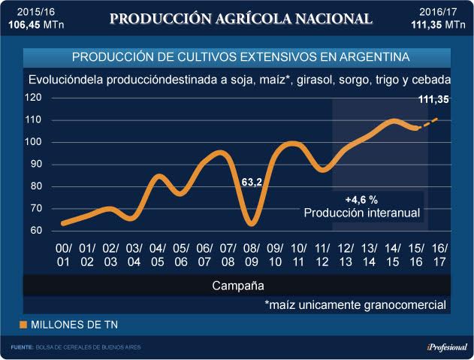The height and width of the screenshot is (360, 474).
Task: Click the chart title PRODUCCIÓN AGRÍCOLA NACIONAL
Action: pos(240,18)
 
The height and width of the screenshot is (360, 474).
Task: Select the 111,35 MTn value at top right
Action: pos(439,24)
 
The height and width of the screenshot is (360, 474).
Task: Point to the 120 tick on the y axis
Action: pos(33,98)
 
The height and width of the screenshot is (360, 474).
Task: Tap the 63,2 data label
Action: pos(251,182)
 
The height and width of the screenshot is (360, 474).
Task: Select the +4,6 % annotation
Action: pos(361,201)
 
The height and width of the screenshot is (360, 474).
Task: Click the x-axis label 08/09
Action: pos(252,255)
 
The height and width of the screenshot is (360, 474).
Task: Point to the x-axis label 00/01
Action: pos(65,255)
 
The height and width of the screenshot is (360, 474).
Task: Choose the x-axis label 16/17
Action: pos(438,255)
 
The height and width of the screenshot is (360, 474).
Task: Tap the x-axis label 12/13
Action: pos(345,255)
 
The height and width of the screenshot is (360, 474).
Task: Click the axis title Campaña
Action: pos(237,286)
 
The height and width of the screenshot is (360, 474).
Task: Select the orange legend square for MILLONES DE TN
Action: pos(23,325)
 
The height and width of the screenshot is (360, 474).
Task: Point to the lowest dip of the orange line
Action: pos(252,222)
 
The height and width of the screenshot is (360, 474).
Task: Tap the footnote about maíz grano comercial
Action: pos(355,305)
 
